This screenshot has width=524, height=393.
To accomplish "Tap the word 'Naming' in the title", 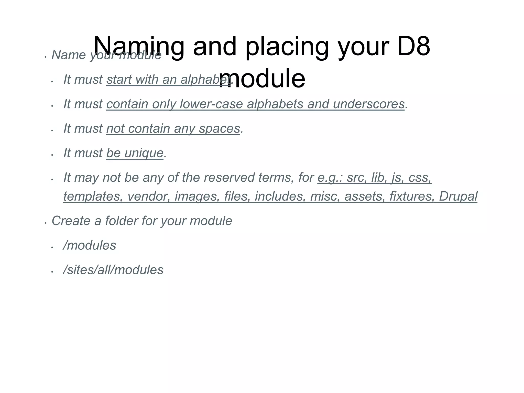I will pos(138,47).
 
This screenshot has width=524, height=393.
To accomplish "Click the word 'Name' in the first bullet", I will pos(69,55).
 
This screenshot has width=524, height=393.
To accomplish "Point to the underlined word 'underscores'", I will pos(369,104).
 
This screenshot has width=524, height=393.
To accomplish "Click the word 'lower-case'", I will pos(211,104).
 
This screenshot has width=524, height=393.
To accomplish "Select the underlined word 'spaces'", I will pos(220,129).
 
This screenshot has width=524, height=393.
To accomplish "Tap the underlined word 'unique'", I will pos(144,153).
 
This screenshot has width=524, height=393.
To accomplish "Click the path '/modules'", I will pos(90,245).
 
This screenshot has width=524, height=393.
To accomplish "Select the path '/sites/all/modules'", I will pos(113,270).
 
